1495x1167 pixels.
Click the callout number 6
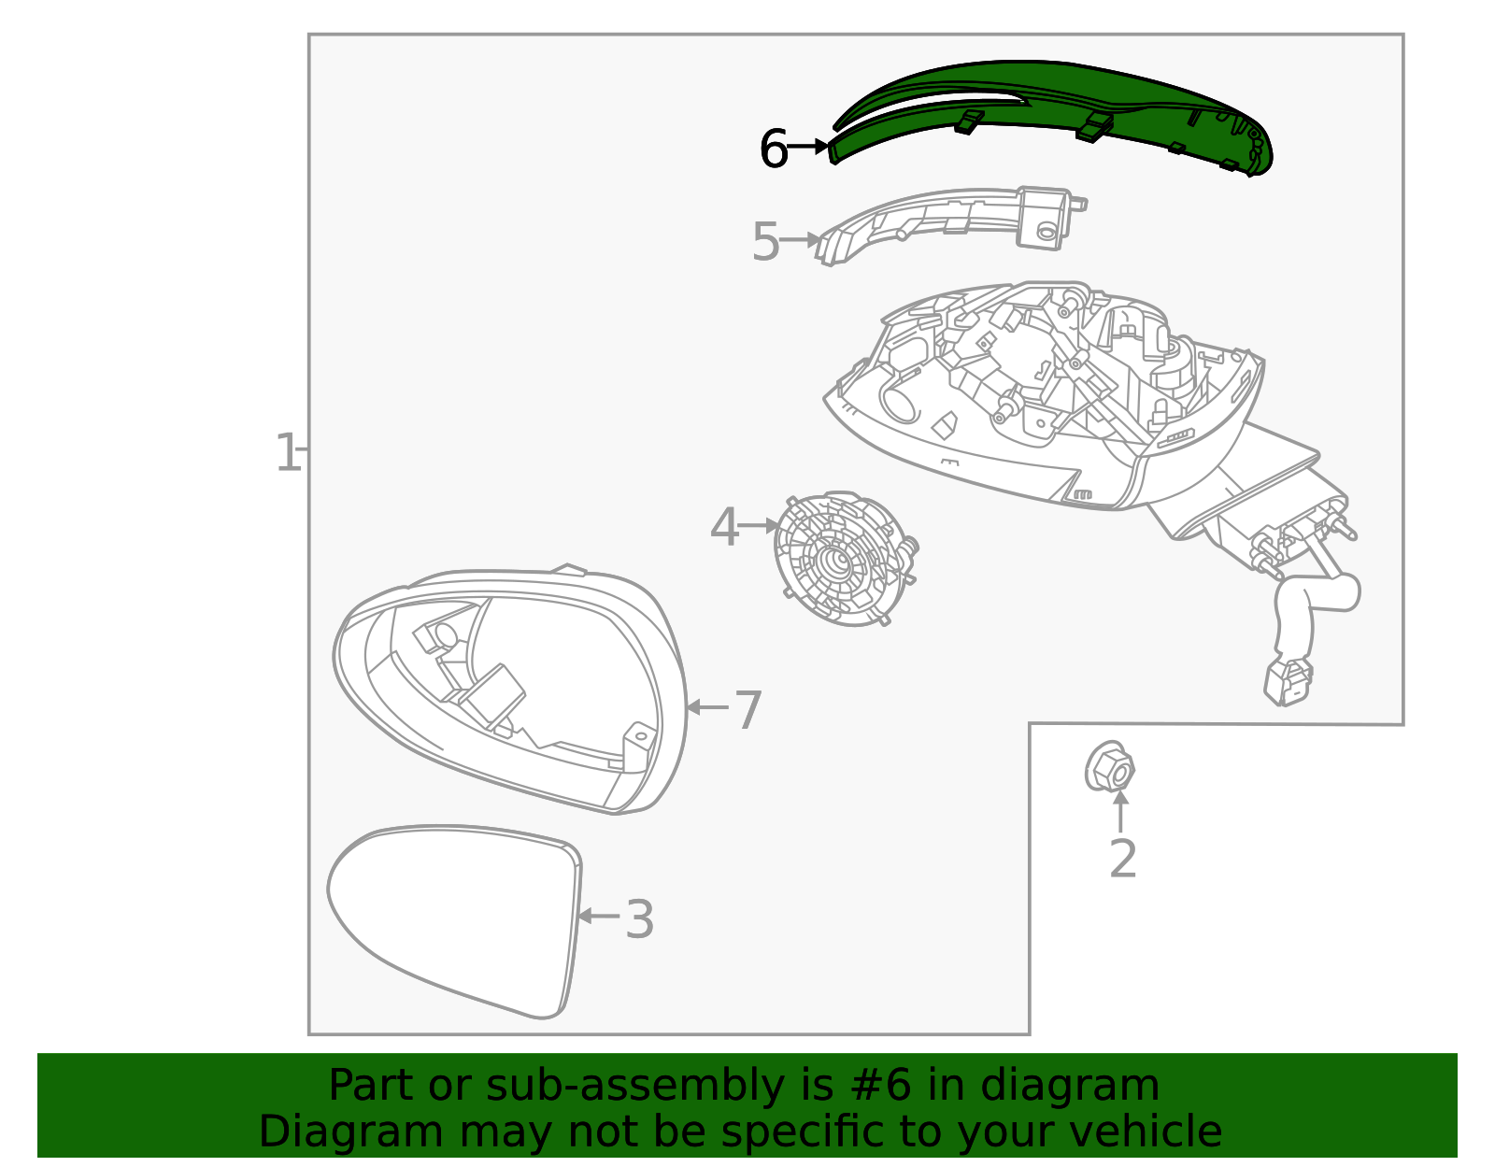(x=773, y=149)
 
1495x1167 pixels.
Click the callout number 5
(x=765, y=243)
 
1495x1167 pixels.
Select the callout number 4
(x=724, y=529)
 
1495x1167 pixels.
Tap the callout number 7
(x=748, y=711)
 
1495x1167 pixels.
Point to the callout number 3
(x=639, y=920)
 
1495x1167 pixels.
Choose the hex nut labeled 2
(x=1109, y=768)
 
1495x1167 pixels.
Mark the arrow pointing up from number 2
(x=1121, y=811)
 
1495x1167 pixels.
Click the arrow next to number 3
(x=598, y=917)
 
